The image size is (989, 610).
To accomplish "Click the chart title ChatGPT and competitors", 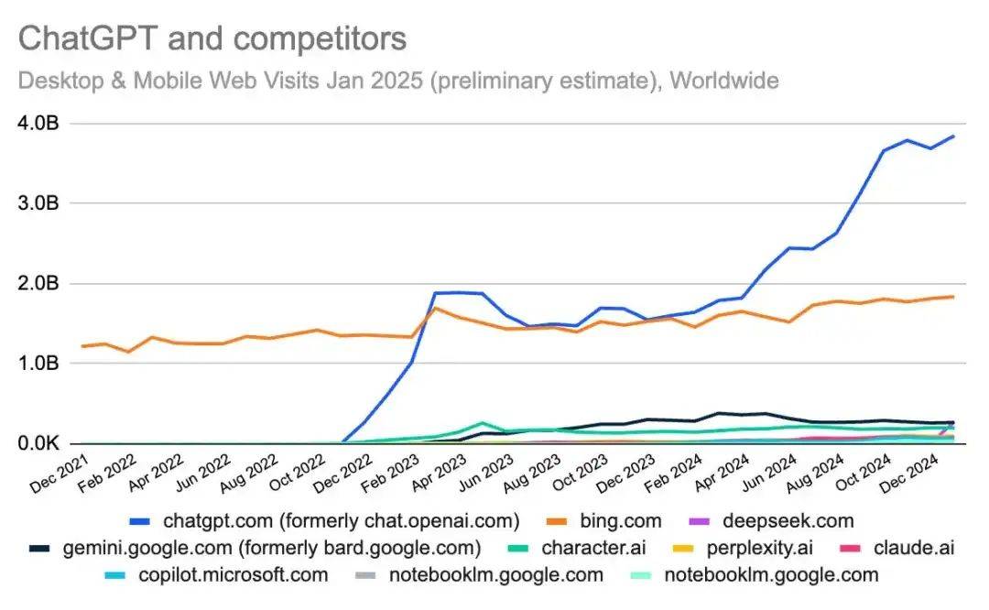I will pos(212,39).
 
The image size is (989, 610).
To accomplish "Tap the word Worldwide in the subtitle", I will pos(724,81).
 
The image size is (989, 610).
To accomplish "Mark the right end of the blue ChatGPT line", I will pos(953,136).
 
